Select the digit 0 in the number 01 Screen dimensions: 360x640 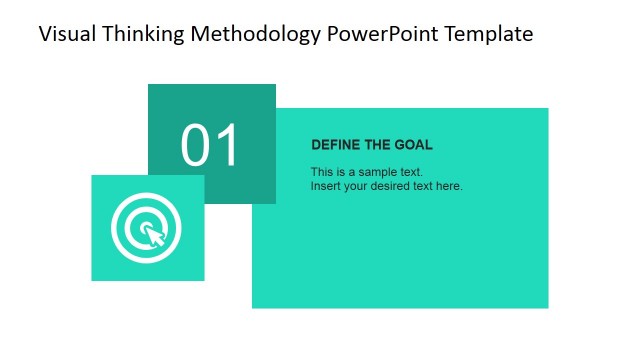pyautogui.click(x=196, y=146)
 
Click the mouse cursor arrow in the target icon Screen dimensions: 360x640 pyautogui.click(x=153, y=236)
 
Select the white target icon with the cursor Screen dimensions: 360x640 pyautogui.click(x=147, y=227)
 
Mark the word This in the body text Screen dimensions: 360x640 pyautogui.click(x=321, y=172)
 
